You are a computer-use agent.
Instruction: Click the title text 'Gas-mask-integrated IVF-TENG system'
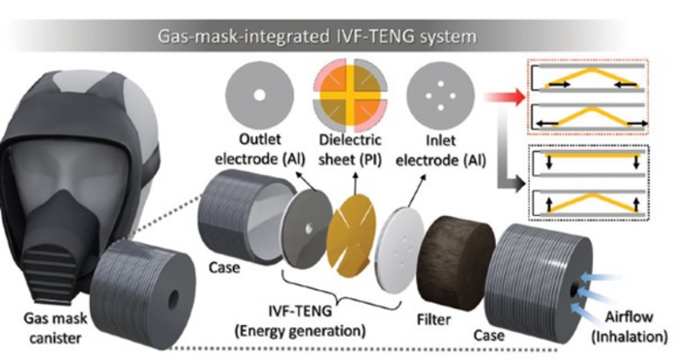click(317, 37)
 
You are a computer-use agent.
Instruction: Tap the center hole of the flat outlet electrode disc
click(259, 95)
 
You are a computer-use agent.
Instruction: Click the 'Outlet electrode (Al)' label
click(260, 150)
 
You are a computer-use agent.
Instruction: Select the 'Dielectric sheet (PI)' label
click(350, 150)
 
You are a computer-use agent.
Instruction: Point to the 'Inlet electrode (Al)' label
click(441, 150)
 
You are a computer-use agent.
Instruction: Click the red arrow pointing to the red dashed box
click(505, 97)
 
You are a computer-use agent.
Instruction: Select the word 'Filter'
click(433, 319)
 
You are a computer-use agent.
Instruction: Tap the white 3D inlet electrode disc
click(399, 250)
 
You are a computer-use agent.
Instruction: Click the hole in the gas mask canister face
click(173, 299)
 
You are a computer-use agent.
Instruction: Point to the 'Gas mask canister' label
click(55, 328)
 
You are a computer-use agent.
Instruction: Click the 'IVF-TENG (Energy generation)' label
click(300, 321)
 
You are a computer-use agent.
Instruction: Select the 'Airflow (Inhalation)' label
click(629, 327)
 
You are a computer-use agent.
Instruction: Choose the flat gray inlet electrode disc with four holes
click(440, 96)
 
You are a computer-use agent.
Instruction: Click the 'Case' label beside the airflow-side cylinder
click(488, 336)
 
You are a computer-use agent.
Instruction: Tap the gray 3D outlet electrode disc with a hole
click(308, 229)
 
